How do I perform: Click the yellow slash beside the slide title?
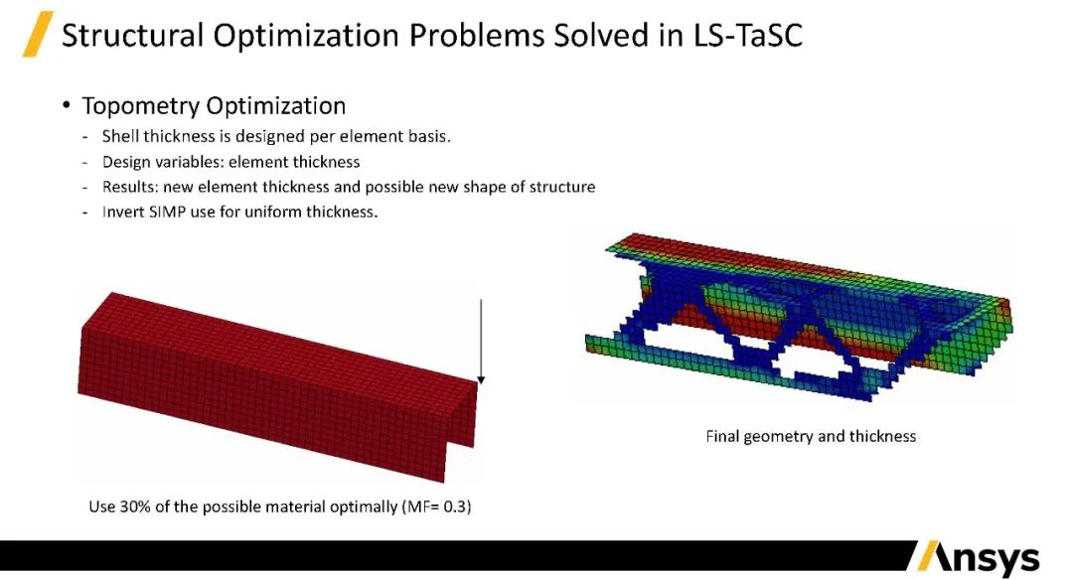pos(38,36)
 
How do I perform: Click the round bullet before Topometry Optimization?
pos(67,106)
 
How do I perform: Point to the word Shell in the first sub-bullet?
pos(121,136)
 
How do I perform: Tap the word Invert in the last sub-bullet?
pos(122,212)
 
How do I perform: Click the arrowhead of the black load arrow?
pos(481,378)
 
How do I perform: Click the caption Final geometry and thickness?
pos(811,436)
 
